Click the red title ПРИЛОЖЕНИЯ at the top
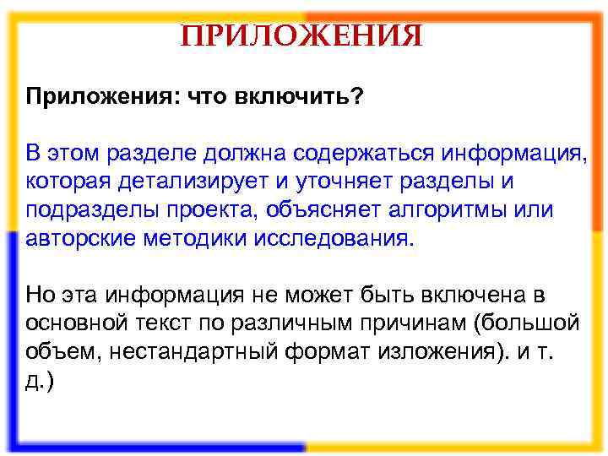point(302,35)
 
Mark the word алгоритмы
point(437,209)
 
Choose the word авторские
point(82,236)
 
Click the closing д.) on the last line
point(40,377)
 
